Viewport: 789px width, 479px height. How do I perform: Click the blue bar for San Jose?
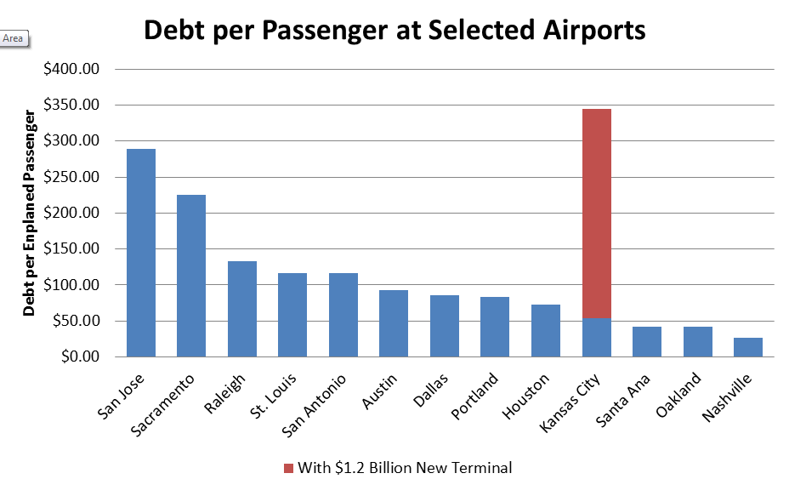click(141, 253)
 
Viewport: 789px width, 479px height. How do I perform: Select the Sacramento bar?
click(191, 276)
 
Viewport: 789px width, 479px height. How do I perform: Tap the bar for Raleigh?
click(242, 309)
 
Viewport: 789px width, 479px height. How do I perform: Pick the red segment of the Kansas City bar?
click(597, 213)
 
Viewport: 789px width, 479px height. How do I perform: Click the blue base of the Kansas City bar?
click(597, 337)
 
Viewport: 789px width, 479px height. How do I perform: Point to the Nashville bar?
click(748, 347)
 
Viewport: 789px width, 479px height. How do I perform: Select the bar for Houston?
click(546, 330)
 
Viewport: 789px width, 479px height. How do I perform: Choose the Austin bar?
click(394, 323)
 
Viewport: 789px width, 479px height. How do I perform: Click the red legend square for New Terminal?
click(289, 467)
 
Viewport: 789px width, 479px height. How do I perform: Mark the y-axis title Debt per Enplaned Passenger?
click(30, 212)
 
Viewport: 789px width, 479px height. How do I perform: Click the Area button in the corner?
click(14, 38)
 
